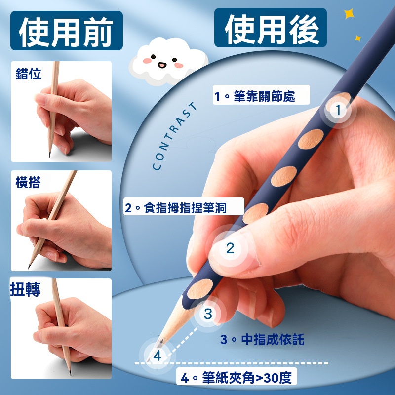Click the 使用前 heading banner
(x=67, y=31)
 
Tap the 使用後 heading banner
(x=270, y=28)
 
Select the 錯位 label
(x=29, y=74)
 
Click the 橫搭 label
(x=28, y=182)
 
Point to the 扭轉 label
(x=25, y=289)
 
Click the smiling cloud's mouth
(x=162, y=66)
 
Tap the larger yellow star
(x=350, y=14)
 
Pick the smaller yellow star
(x=358, y=39)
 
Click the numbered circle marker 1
(x=338, y=110)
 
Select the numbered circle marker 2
(x=230, y=248)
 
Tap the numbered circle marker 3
(x=208, y=314)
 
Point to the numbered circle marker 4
(x=157, y=355)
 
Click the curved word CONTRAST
(x=175, y=136)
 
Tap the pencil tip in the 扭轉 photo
(x=70, y=374)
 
